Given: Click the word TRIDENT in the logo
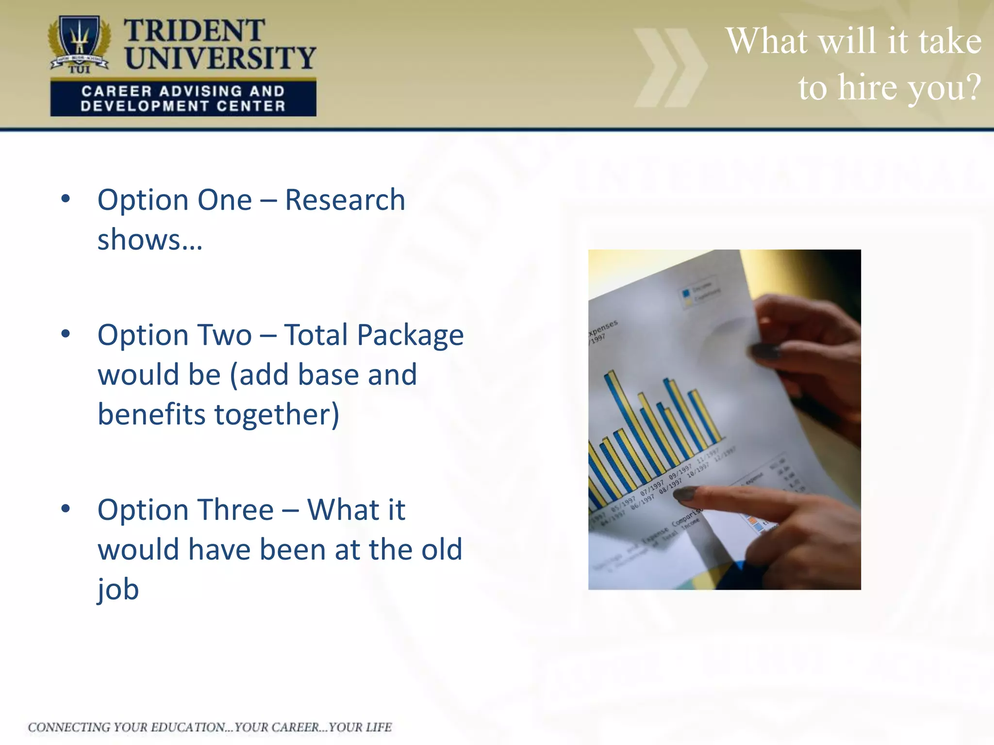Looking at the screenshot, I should tap(194, 31).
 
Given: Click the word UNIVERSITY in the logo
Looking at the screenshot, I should tap(220, 58).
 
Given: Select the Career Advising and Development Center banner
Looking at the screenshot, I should tap(183, 98).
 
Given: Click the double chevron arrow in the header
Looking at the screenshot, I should tap(670, 67).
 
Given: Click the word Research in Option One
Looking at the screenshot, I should tap(345, 200).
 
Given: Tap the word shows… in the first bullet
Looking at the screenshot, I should tap(149, 240).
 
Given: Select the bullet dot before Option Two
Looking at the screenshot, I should tap(66, 334).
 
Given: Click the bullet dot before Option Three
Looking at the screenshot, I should tap(66, 509).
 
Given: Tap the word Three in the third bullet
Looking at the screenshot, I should tap(234, 510).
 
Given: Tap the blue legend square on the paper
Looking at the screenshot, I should tap(686, 293).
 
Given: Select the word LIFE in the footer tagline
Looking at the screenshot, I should tap(379, 727).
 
